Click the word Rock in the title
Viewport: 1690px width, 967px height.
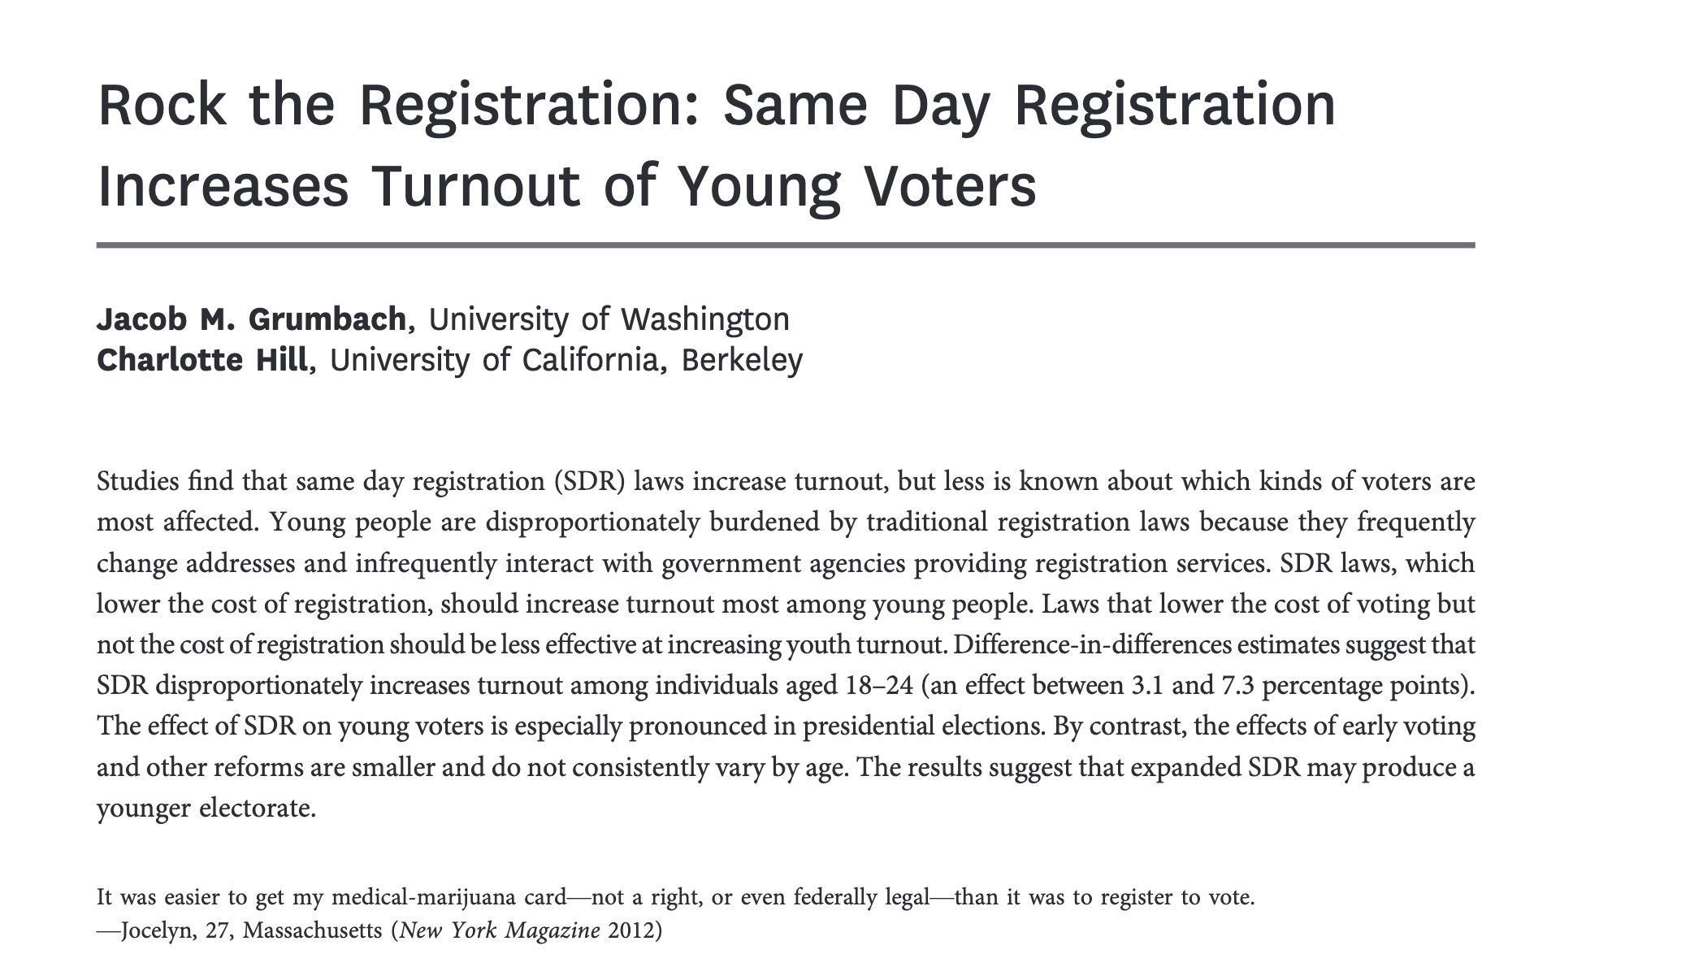161,106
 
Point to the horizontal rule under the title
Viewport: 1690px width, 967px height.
785,245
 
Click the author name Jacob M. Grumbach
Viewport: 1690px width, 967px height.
251,319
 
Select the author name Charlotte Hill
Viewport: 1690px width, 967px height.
201,360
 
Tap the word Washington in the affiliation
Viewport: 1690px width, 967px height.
704,319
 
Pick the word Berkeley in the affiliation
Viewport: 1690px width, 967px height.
742,360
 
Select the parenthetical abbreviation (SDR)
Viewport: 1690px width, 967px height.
590,481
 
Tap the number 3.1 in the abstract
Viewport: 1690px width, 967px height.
1147,686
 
